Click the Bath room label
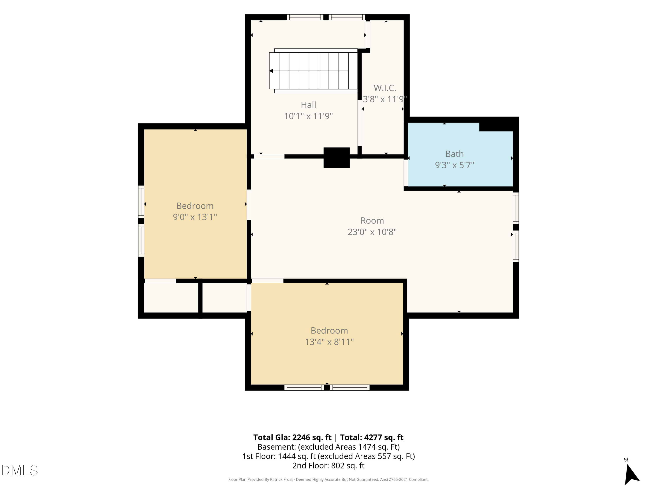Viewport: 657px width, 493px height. [454, 154]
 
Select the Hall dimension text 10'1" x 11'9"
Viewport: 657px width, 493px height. [308, 116]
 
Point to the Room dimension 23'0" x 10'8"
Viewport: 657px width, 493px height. [372, 232]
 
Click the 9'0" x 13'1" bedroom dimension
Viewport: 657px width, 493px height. [195, 217]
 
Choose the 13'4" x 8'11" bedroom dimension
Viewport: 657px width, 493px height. [329, 342]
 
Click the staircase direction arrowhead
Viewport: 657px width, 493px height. [271, 71]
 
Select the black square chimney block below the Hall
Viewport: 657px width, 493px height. [337, 158]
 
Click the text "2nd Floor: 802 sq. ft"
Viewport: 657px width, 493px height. [328, 466]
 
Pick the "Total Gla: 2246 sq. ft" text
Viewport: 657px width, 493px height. [292, 437]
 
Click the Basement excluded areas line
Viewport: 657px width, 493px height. [328, 447]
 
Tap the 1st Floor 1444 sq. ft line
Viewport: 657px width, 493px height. [328, 456]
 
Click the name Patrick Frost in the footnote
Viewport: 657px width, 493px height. [281, 479]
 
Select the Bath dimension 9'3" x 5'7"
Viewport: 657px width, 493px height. [454, 165]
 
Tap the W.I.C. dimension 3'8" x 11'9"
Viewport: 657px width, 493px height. [385, 99]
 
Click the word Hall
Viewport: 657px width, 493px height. [308, 105]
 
